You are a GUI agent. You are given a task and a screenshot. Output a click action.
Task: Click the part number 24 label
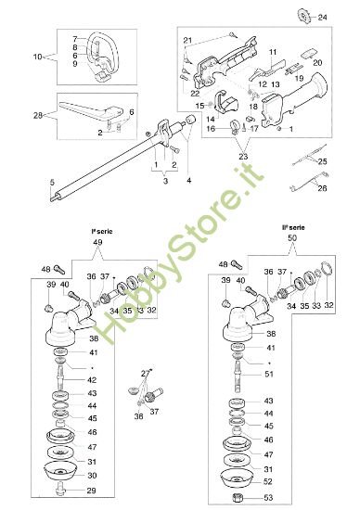tap(322, 18)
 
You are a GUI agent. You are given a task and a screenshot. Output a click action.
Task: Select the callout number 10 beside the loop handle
tap(38, 57)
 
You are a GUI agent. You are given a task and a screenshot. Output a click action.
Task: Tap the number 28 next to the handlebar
tap(38, 115)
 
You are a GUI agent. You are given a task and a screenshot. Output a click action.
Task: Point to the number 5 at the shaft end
tap(52, 181)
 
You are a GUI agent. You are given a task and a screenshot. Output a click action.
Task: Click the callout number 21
tap(186, 41)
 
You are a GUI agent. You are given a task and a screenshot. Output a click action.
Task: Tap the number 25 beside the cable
tap(322, 161)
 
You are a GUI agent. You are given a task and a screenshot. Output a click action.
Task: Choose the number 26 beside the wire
tap(322, 188)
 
